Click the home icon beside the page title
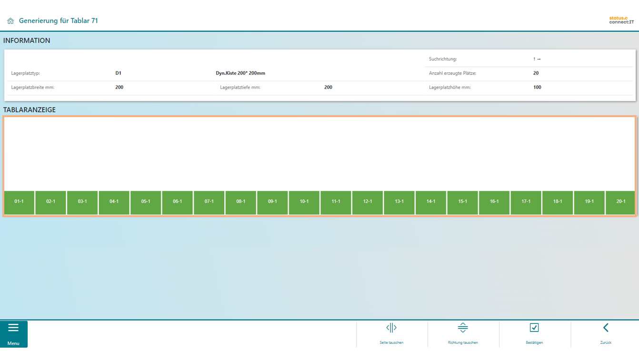[10, 21]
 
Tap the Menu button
[14, 334]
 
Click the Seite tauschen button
[391, 334]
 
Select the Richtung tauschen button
[463, 334]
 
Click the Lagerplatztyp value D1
[118, 73]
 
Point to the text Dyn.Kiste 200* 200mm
[240, 73]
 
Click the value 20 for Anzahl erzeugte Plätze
[536, 73]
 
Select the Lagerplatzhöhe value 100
[537, 87]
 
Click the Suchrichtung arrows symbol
[537, 59]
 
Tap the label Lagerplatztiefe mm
[240, 87]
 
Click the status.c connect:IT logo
[621, 20]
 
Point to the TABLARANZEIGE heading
[30, 110]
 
